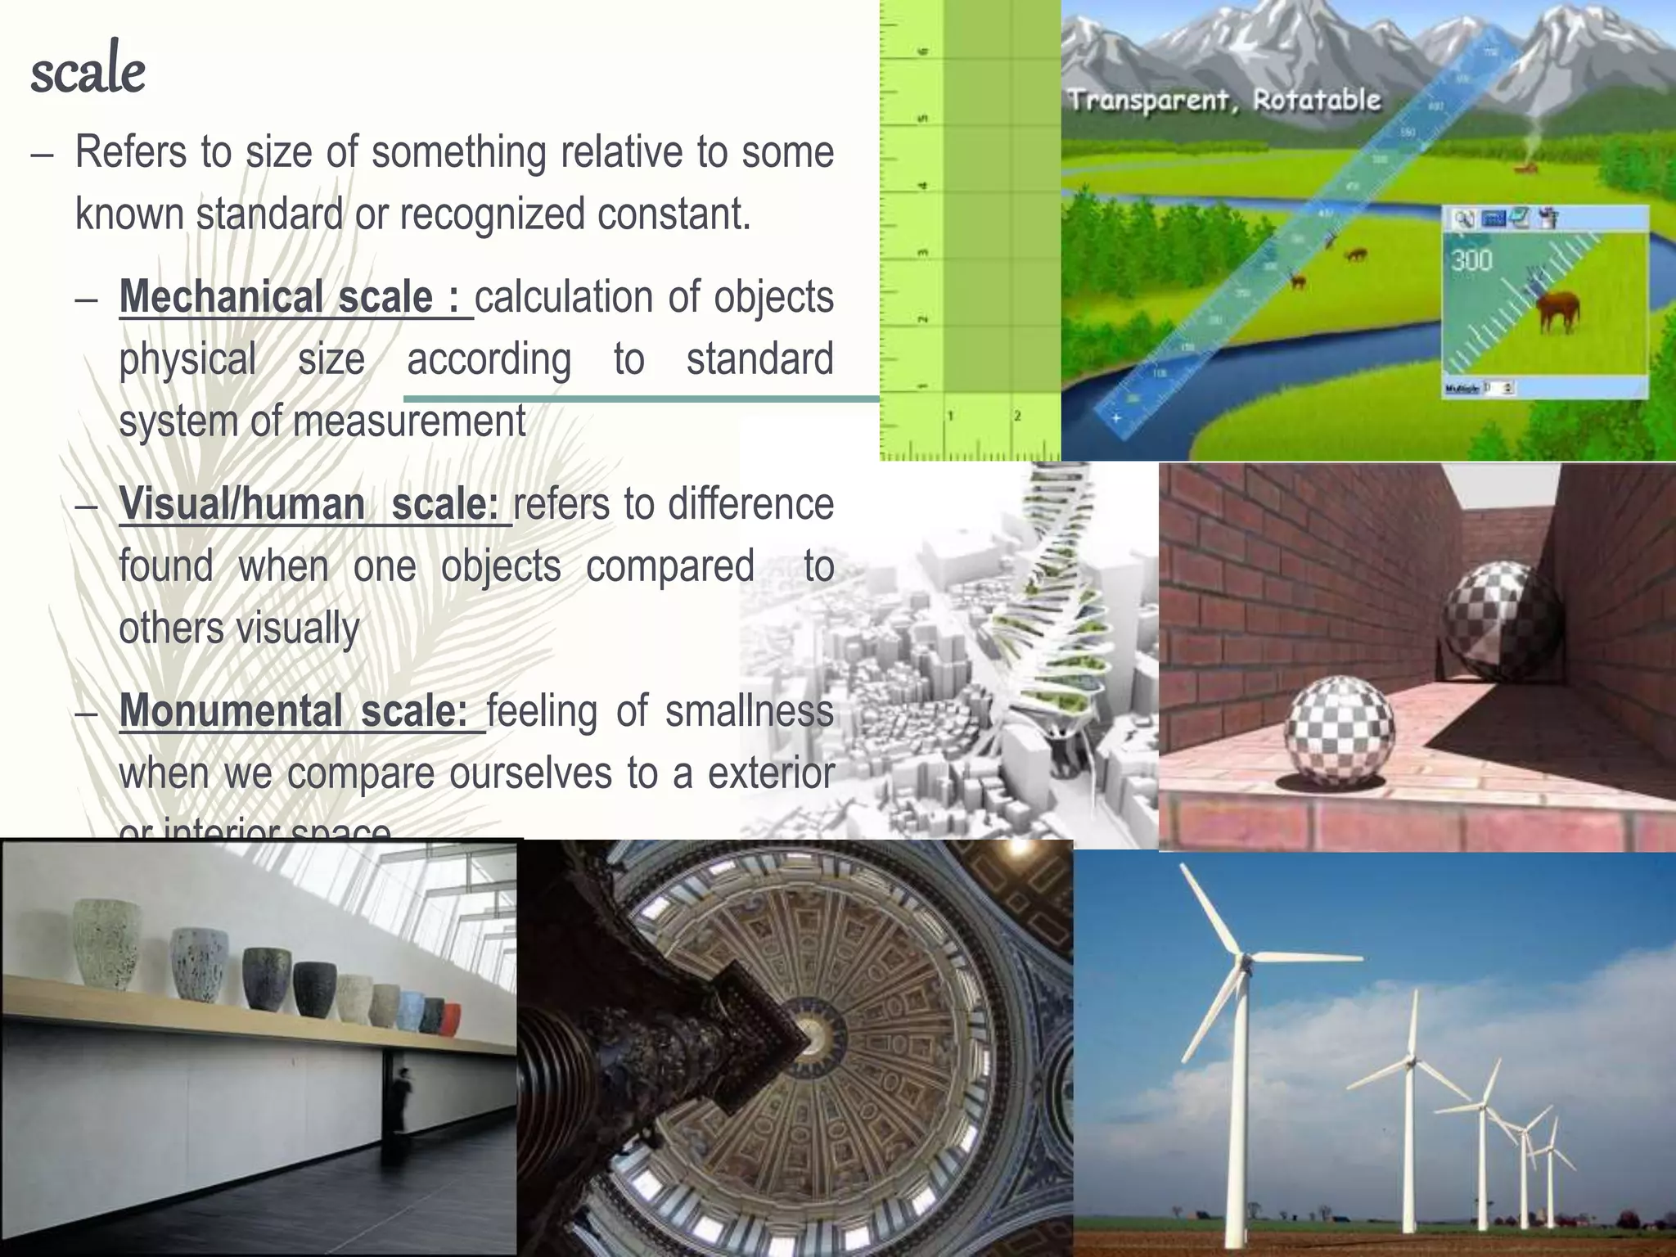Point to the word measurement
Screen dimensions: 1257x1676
coord(409,421)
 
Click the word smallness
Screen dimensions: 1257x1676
coord(749,710)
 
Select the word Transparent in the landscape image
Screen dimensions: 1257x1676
coord(1151,101)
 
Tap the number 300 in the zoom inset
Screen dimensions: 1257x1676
coord(1472,260)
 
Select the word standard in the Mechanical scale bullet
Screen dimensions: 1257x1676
coord(759,359)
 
